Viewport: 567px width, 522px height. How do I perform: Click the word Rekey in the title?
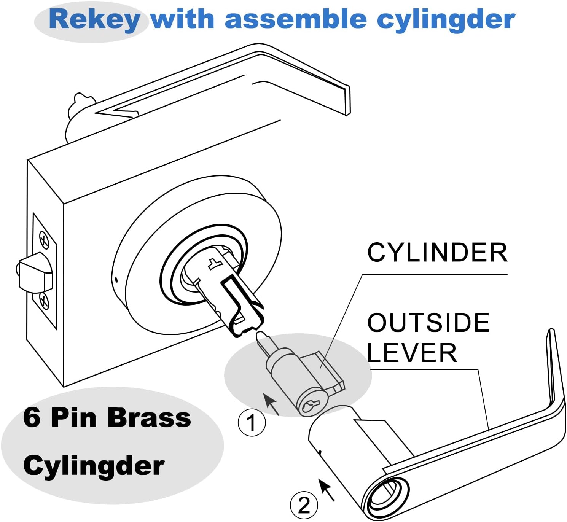[94, 20]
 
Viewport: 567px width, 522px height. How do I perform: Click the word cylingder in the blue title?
[446, 20]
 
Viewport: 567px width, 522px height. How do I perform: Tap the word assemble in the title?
[295, 20]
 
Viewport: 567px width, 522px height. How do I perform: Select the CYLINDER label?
[437, 253]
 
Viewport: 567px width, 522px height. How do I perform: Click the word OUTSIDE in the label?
[428, 323]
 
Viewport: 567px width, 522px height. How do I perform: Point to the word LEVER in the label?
[412, 353]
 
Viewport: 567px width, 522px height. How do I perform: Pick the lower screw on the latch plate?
[44, 301]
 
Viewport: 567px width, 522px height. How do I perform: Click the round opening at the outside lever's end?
[383, 497]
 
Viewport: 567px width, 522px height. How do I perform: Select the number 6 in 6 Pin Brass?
[32, 417]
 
